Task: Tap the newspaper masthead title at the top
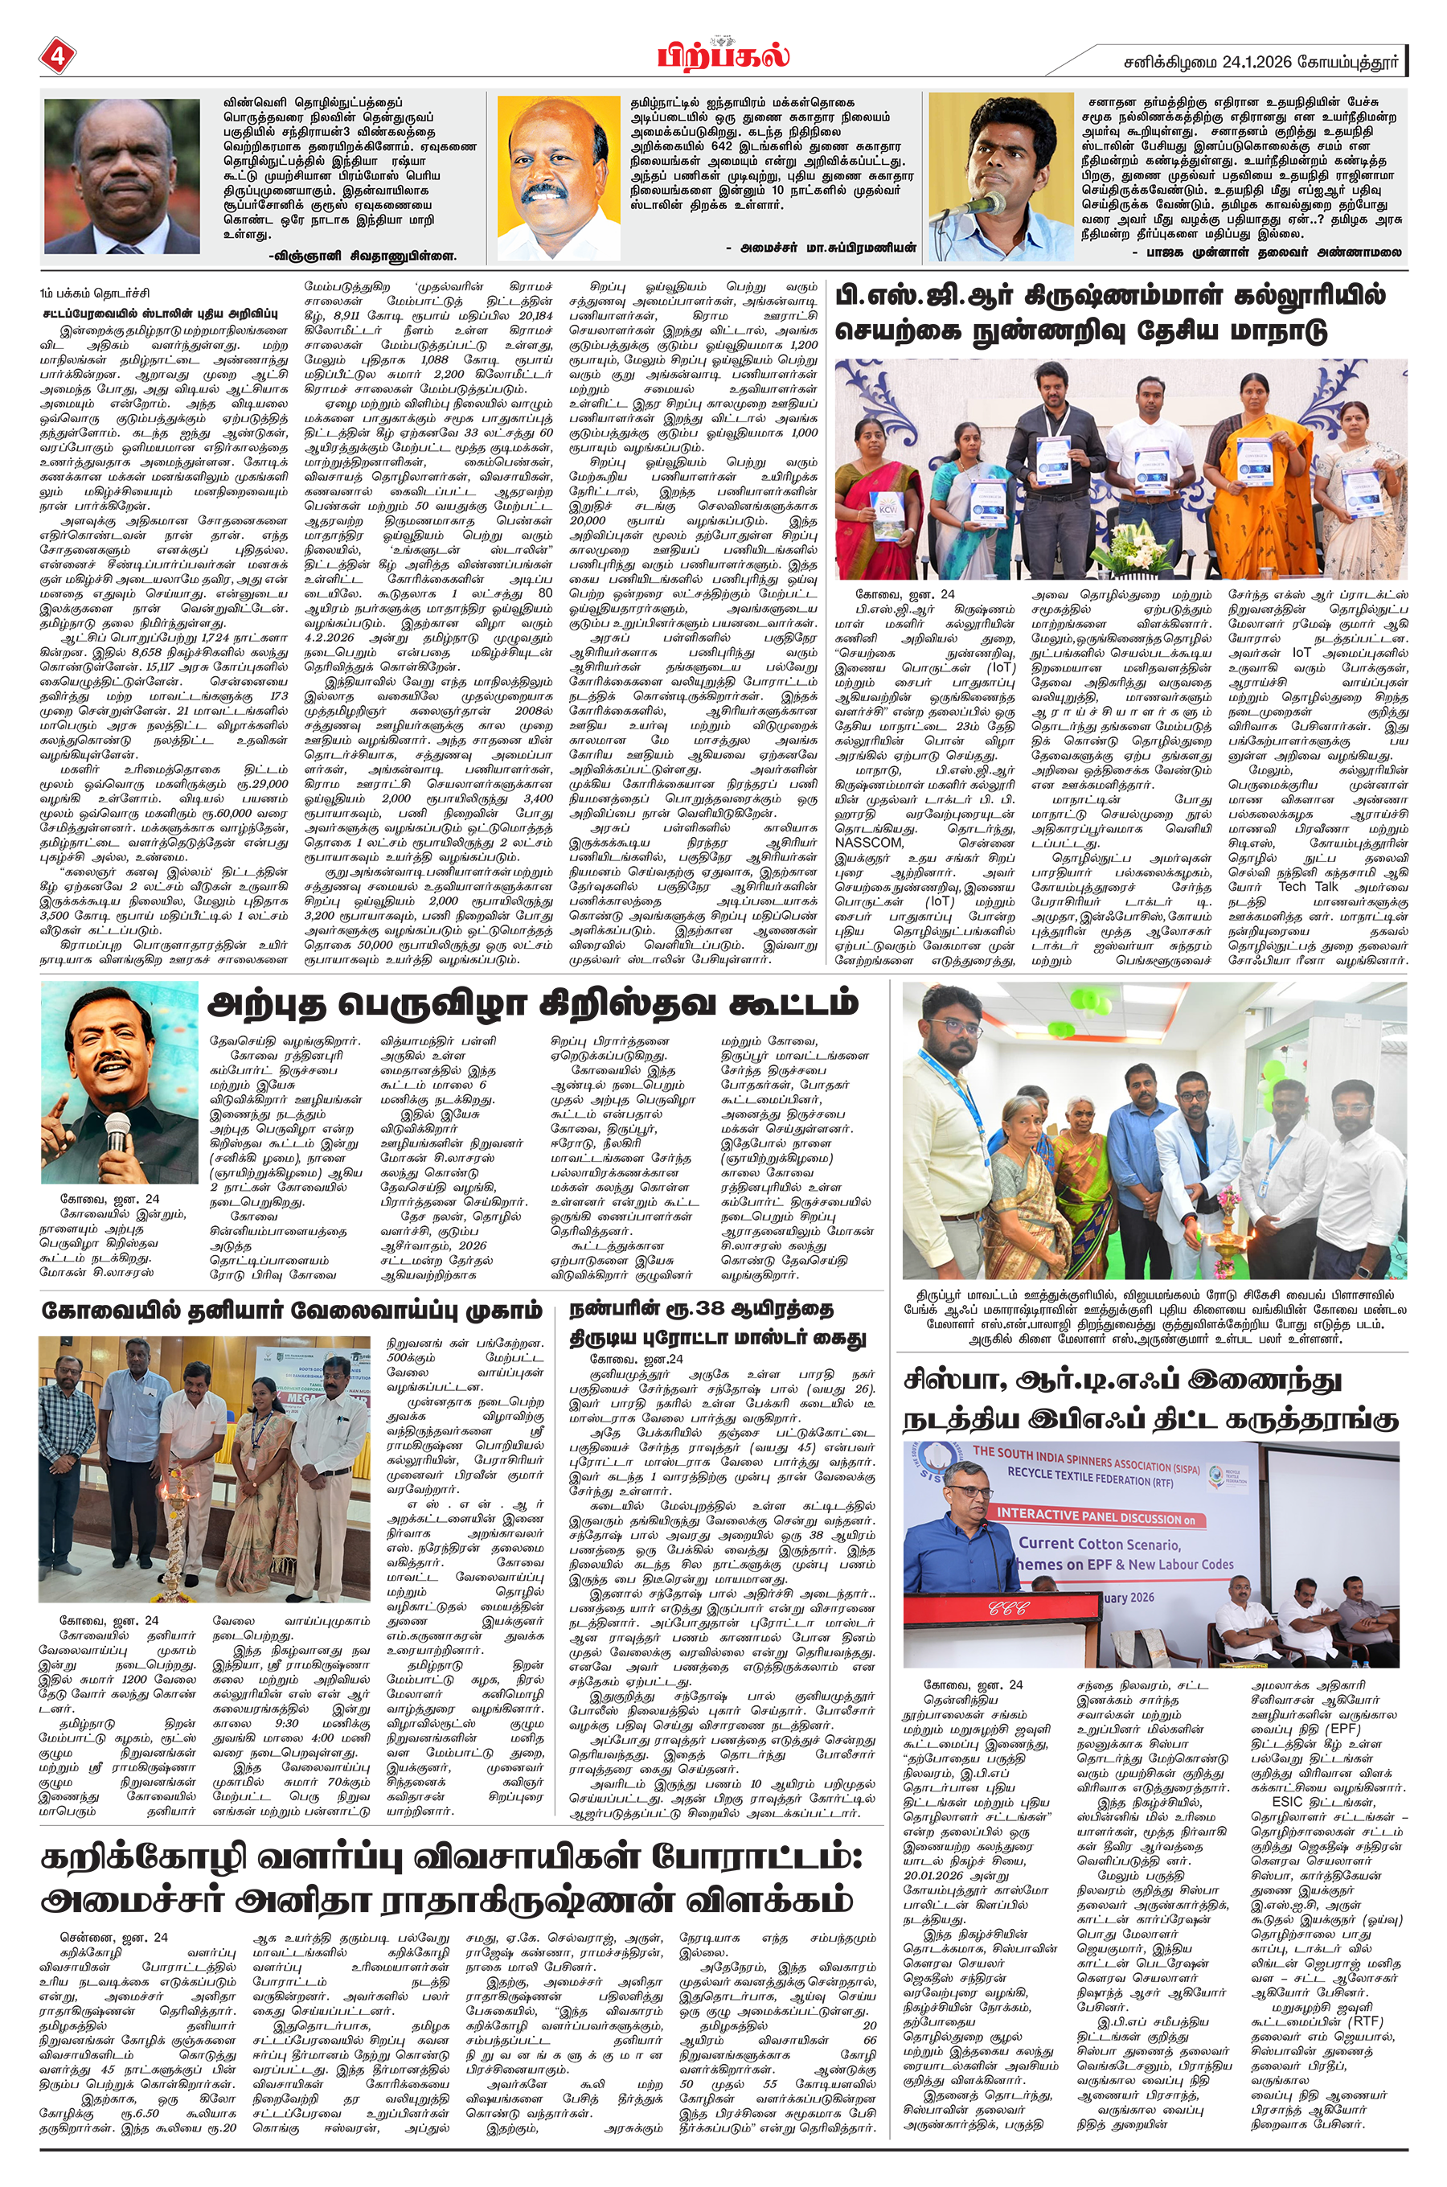pos(723,55)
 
